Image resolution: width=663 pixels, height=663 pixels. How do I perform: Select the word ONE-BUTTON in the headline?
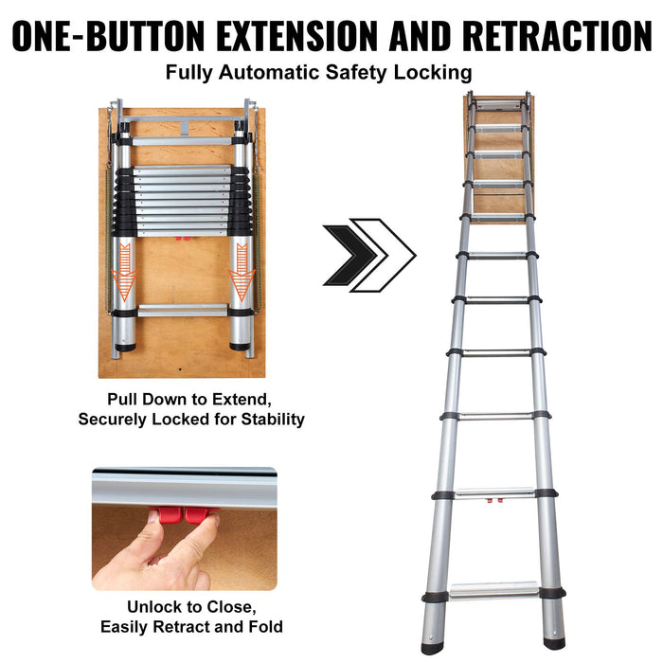point(107,35)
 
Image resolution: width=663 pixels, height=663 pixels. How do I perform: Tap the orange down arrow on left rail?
point(124,282)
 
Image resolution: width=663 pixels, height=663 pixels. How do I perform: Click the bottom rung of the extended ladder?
point(492,590)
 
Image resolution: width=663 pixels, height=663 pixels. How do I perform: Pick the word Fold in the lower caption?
point(265,626)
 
